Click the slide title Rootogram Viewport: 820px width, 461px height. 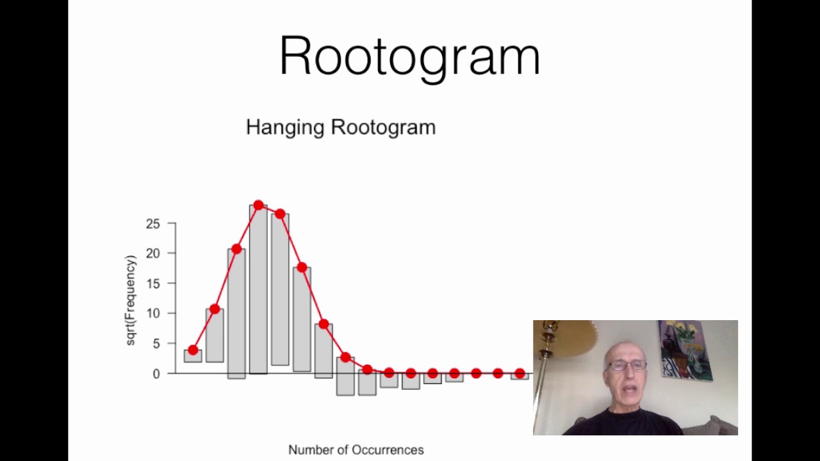coord(409,56)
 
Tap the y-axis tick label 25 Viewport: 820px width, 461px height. coord(152,224)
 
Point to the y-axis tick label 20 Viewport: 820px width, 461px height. coord(152,254)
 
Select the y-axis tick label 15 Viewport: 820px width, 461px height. coord(152,284)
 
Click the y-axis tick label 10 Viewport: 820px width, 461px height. coord(152,314)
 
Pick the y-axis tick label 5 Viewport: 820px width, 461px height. coord(156,344)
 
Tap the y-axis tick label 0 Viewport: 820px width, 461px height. coord(156,374)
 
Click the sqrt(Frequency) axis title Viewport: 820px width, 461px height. coord(131,300)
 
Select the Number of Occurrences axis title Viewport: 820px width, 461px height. coord(356,450)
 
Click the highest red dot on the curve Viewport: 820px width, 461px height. coord(258,206)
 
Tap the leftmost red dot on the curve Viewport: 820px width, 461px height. coord(193,350)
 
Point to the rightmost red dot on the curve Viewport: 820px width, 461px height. coord(520,373)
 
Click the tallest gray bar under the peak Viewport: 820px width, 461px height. coord(258,288)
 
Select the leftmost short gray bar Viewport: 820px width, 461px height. coord(193,356)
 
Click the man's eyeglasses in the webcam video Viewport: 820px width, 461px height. coord(627,366)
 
